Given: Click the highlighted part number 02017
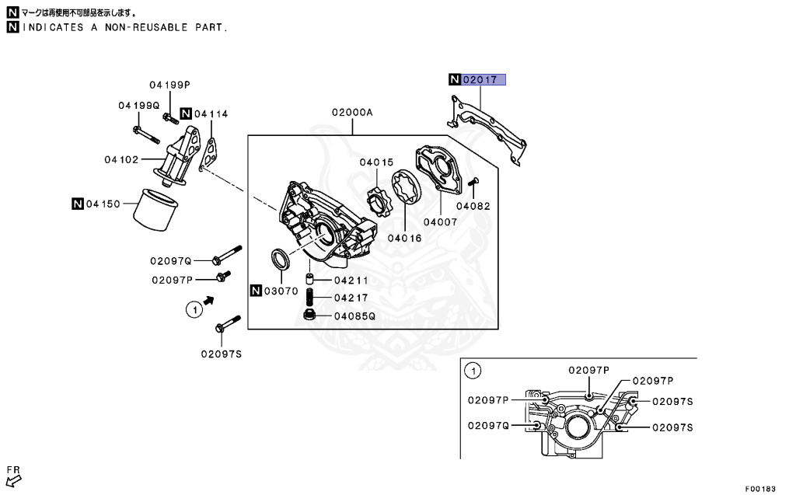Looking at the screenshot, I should (x=484, y=79).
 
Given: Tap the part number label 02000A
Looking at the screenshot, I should (x=352, y=113).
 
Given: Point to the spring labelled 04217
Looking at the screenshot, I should (x=309, y=297).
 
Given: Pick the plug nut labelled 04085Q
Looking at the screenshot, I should (x=308, y=315).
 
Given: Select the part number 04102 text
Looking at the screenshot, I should (x=121, y=160).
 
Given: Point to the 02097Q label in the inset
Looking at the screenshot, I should (x=488, y=425).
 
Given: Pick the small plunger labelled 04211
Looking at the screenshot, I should (x=309, y=280).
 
